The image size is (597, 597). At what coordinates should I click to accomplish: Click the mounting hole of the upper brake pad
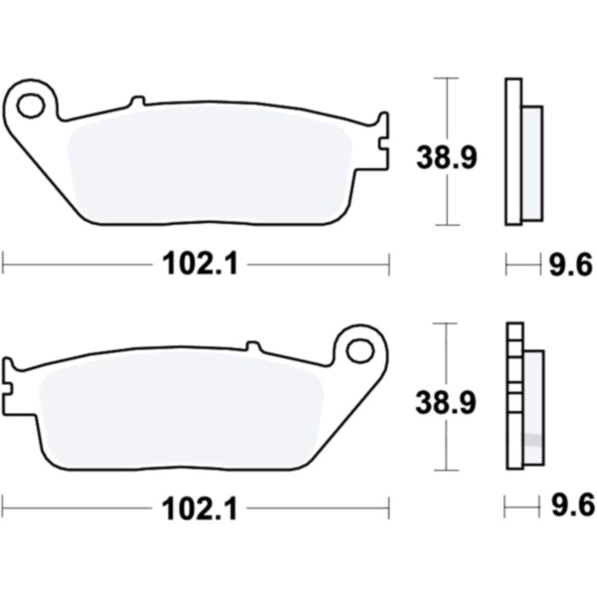click(x=31, y=105)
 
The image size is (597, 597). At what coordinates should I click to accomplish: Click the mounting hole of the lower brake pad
click(x=360, y=349)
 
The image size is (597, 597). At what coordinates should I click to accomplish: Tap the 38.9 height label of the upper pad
click(x=446, y=157)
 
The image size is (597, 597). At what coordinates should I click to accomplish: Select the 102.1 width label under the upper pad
click(x=200, y=264)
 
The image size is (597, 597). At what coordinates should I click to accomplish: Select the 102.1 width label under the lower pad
click(x=200, y=508)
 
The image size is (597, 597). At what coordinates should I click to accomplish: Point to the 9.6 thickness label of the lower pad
click(x=572, y=505)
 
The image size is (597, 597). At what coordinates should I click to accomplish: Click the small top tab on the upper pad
click(x=138, y=100)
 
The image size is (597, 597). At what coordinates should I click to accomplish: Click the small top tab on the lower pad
click(x=254, y=346)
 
